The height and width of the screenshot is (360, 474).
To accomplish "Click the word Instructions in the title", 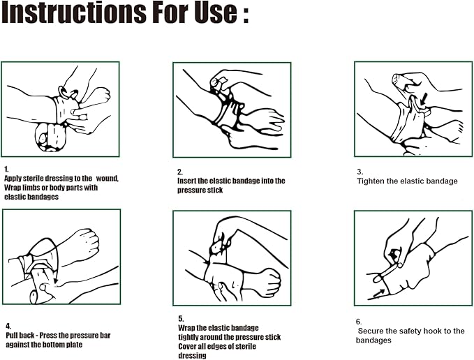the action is tap(74, 12).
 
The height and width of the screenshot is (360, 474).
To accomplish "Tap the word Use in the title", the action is tap(216, 12).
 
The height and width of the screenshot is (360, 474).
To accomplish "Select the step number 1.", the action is tap(6, 169).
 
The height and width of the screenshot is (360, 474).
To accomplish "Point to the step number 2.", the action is tap(180, 172).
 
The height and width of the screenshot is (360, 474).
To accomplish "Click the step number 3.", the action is tap(360, 172).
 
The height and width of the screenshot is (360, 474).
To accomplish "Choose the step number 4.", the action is tap(8, 327).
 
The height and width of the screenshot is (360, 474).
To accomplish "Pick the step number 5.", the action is tap(181, 319).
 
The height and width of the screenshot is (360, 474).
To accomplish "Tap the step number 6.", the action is tap(359, 322).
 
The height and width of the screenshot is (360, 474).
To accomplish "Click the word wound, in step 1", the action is tap(108, 179).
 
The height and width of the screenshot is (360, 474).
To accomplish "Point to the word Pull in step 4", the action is tap(13, 336).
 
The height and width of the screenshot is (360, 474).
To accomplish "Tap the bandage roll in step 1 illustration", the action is tap(50, 137).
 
